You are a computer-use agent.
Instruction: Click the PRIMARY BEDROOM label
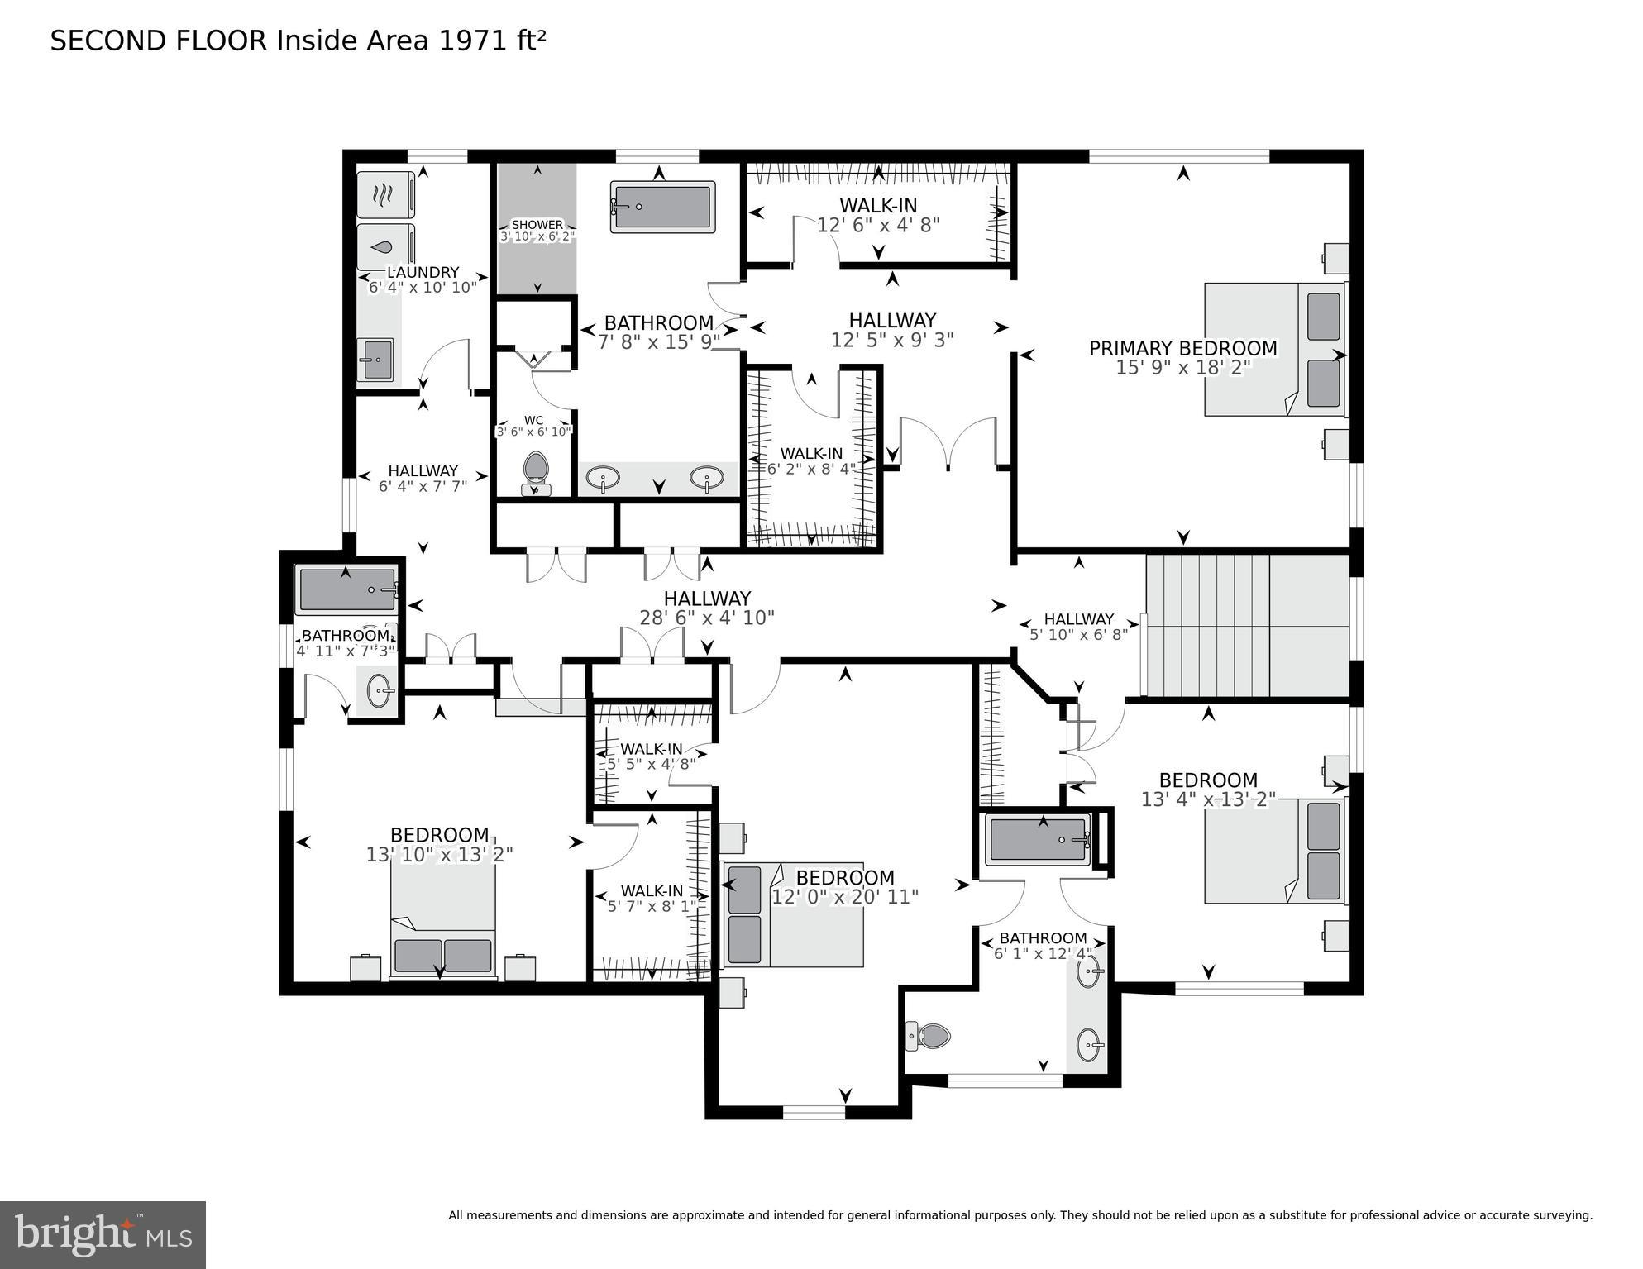[1182, 348]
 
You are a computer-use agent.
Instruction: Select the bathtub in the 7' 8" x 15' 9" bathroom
[662, 207]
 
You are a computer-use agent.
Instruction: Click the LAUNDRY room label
[423, 272]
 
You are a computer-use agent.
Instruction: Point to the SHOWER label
[537, 225]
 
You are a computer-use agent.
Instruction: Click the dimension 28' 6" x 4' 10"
[706, 618]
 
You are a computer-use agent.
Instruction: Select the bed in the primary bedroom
[1274, 349]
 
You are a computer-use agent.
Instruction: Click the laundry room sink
[375, 360]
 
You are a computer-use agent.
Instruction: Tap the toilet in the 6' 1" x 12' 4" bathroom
[929, 1035]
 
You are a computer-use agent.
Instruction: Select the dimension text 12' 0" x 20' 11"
[844, 897]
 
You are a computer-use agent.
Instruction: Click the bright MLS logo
[103, 1234]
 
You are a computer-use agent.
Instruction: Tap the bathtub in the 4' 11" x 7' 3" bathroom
[346, 590]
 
